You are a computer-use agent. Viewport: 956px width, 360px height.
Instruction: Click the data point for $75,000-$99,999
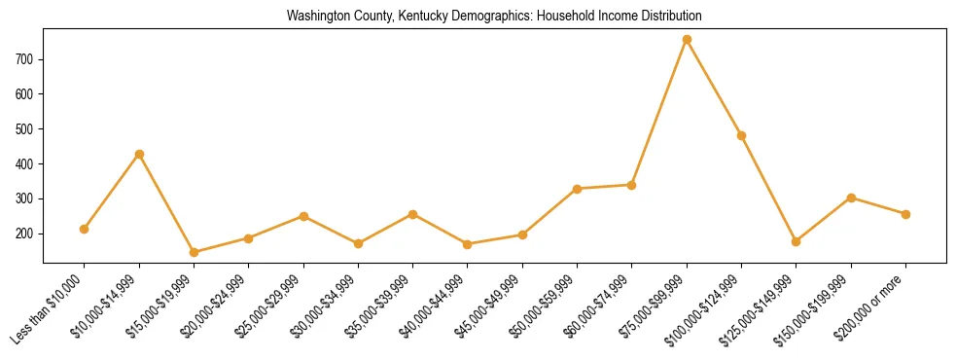[x=687, y=40]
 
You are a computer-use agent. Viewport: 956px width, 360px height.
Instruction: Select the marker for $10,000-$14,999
[x=139, y=154]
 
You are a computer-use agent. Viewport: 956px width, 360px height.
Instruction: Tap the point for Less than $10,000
[x=85, y=229]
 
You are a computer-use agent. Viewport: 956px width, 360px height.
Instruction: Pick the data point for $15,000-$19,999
[x=194, y=252]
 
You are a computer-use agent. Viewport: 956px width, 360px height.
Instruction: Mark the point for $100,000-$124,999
[x=742, y=136]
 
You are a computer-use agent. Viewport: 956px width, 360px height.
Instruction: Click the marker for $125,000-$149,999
[x=797, y=241]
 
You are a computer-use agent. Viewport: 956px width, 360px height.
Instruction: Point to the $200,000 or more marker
[x=906, y=214]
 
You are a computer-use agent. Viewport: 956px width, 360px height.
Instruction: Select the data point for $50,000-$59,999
[x=578, y=189]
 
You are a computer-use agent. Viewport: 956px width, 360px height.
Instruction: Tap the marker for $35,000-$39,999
[x=413, y=214]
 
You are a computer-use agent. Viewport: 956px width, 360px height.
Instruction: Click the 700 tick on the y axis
[x=26, y=59]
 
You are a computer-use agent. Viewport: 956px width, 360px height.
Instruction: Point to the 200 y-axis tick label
[x=26, y=234]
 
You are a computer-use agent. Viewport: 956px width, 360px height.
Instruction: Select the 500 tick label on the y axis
[x=26, y=129]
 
